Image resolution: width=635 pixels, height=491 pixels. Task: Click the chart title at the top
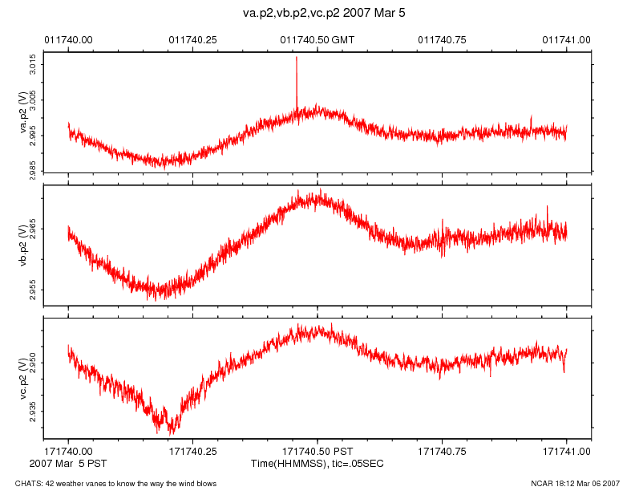[x=317, y=14]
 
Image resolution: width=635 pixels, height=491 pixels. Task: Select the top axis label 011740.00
[x=68, y=39]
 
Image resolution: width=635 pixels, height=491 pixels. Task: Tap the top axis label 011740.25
[x=193, y=39]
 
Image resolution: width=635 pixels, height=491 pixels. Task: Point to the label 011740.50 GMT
[x=317, y=39]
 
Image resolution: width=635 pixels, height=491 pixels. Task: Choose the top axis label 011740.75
[x=443, y=39]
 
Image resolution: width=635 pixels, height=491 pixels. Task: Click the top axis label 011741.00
[x=567, y=39]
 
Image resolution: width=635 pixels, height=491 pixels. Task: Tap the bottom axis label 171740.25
[x=193, y=452]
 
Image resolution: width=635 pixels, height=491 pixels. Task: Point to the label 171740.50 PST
[x=317, y=452]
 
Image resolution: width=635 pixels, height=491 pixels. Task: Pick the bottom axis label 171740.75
[x=443, y=452]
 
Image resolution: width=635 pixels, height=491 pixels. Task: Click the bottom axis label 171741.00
[x=567, y=452]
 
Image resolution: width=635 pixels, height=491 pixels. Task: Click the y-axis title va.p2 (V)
[x=23, y=112]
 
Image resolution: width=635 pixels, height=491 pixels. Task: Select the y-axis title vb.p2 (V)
[x=23, y=245]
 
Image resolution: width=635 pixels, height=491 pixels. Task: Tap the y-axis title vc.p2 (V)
[x=23, y=377]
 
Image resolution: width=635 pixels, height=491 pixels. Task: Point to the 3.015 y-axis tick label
[x=32, y=62]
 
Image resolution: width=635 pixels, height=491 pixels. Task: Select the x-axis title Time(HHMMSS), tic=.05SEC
[x=317, y=464]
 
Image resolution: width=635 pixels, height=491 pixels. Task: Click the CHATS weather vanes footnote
[x=110, y=483]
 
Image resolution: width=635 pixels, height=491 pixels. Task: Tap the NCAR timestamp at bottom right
[x=575, y=483]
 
